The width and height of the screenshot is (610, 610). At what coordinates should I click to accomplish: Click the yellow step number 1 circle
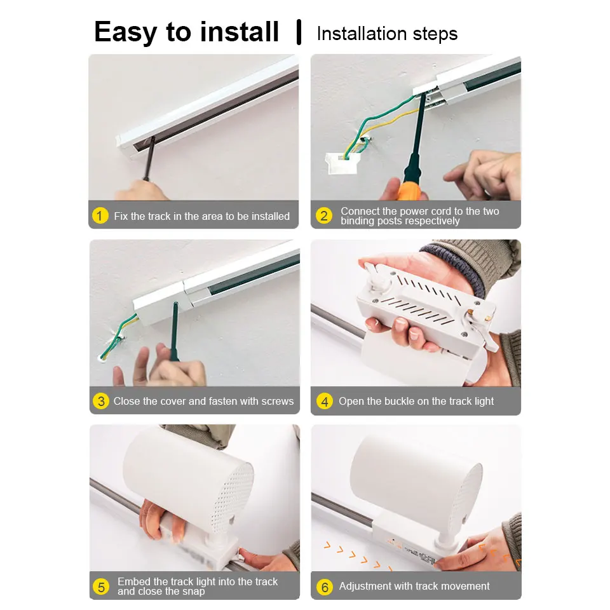(100, 216)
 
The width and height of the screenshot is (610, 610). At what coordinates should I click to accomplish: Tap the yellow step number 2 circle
(324, 216)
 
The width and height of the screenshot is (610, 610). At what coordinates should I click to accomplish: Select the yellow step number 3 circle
(100, 401)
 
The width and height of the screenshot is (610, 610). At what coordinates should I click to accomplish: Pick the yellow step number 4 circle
(325, 401)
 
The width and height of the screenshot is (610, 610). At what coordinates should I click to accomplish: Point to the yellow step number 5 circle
(100, 586)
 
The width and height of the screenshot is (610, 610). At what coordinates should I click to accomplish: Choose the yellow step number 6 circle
(325, 586)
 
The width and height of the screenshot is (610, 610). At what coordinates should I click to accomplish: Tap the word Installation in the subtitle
(360, 34)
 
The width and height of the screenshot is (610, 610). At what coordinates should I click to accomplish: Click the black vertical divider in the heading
(298, 32)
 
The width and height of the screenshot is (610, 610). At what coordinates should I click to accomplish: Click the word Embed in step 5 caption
(134, 581)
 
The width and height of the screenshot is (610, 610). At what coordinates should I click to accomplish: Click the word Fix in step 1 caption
(121, 216)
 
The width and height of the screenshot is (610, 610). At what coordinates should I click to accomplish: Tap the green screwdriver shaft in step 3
(174, 330)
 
